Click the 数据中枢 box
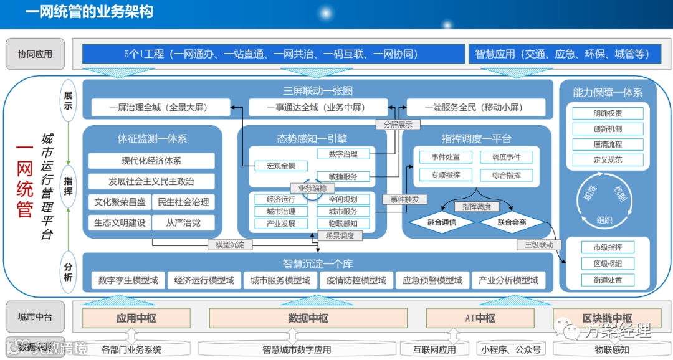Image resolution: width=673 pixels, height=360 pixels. point(308,318)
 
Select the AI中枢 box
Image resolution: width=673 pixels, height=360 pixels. point(480,318)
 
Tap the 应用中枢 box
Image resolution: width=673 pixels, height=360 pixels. point(136,318)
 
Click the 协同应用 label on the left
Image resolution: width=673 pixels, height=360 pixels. point(35,54)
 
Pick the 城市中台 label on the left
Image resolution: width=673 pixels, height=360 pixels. point(35,317)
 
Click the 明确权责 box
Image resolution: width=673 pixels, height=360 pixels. point(608,113)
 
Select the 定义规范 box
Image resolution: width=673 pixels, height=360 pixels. point(608,159)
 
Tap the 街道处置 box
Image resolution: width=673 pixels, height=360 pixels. point(608,280)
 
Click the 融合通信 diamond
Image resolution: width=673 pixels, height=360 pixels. point(442,222)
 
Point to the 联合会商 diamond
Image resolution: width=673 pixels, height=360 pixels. point(512,222)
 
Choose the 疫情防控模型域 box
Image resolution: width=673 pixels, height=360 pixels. point(356,280)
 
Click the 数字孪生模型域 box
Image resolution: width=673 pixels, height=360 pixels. point(128,280)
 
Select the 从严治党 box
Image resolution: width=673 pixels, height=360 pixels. point(183,222)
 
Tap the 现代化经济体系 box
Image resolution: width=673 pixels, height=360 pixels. point(151,161)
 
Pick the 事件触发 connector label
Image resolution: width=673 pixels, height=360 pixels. point(404,199)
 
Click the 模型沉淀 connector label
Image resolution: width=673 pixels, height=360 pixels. point(230,245)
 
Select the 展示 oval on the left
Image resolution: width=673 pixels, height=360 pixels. point(68,100)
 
